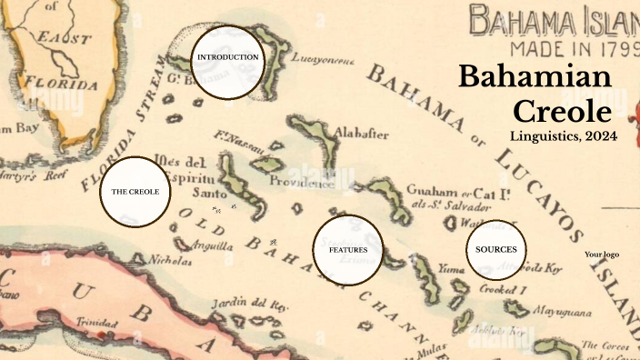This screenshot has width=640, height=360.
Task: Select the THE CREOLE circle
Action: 135,192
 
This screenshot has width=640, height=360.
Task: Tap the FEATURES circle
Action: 347,249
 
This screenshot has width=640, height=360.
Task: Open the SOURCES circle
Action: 495,249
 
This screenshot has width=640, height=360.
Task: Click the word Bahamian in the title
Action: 535,77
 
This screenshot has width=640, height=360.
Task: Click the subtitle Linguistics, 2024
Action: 564,136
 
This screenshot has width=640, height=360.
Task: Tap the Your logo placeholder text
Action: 601,255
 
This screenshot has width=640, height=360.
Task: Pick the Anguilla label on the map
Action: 212,245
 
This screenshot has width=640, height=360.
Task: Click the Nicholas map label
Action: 170,261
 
